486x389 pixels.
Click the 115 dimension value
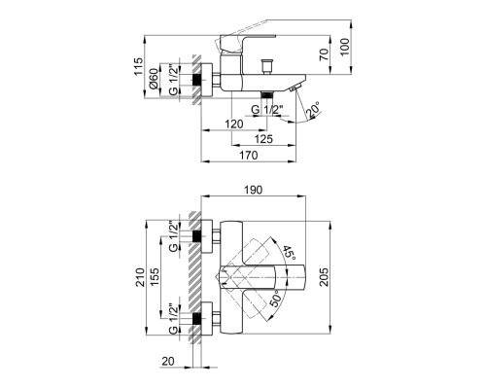click(x=138, y=66)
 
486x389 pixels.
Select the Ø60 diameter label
click(x=154, y=78)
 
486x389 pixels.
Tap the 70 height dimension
click(x=324, y=53)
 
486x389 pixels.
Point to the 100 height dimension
click(x=345, y=47)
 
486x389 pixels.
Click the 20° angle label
click(x=313, y=109)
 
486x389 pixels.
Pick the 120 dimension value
click(x=234, y=124)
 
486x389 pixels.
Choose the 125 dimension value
click(x=263, y=139)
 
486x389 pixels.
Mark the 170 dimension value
click(x=249, y=155)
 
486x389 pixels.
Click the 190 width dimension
click(x=253, y=190)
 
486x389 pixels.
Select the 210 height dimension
click(x=140, y=277)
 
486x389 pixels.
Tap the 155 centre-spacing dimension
click(x=155, y=276)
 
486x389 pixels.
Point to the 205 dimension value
click(x=324, y=277)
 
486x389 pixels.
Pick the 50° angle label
click(x=274, y=299)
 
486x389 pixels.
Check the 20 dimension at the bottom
click(x=168, y=361)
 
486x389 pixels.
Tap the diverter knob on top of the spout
click(x=266, y=66)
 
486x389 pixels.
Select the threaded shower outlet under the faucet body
click(x=266, y=94)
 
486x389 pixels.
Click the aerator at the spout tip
click(x=295, y=88)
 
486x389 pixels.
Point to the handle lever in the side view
click(x=248, y=43)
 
